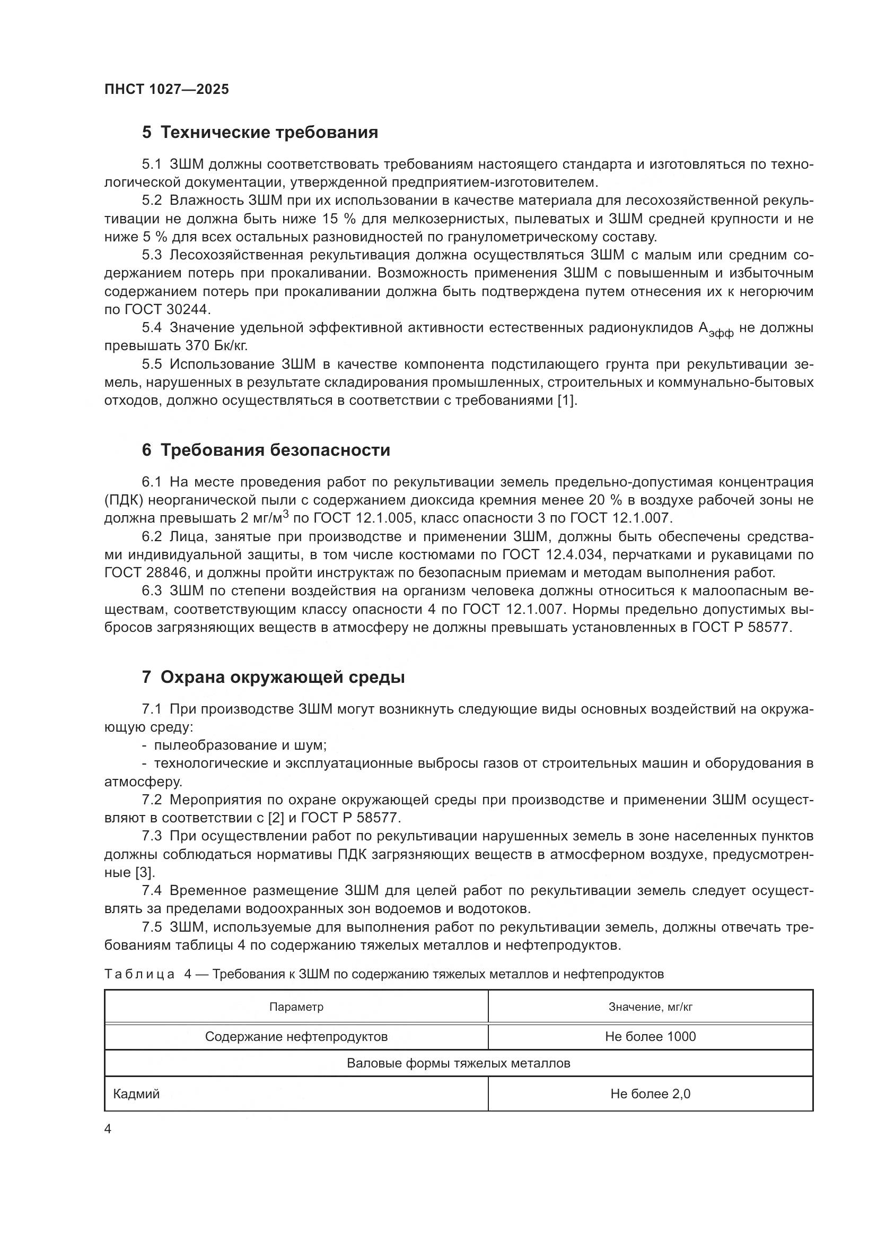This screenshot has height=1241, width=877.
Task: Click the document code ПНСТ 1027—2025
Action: click(x=166, y=90)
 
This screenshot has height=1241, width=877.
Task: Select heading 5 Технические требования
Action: click(x=260, y=133)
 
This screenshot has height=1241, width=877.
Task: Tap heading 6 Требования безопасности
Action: click(x=266, y=450)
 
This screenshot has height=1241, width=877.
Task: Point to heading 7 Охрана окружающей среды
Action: click(x=273, y=677)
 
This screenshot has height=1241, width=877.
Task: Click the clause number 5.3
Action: click(x=152, y=255)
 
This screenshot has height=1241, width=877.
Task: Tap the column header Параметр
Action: click(x=296, y=1007)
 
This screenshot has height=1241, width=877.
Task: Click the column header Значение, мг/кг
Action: click(x=650, y=1007)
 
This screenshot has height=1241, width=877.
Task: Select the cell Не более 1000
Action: click(x=650, y=1037)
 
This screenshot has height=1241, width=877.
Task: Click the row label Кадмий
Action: click(x=136, y=1094)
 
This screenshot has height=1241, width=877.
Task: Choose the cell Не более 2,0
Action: click(x=650, y=1094)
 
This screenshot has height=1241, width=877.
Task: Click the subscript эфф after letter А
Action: click(x=721, y=334)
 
